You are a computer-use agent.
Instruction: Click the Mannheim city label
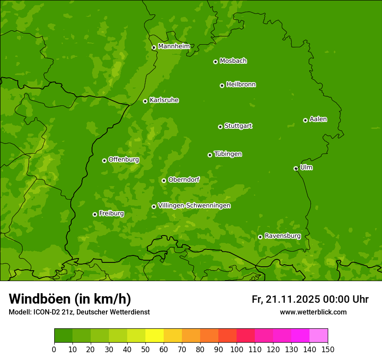tap(174, 46)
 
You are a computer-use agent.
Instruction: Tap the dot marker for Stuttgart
tap(220, 127)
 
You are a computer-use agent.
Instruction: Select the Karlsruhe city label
tap(164, 100)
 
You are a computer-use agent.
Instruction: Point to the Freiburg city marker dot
tap(95, 214)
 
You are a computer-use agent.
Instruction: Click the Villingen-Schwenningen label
tap(194, 206)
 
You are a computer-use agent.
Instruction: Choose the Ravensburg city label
tap(282, 236)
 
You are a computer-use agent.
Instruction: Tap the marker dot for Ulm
tap(296, 168)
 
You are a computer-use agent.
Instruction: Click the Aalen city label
tap(318, 119)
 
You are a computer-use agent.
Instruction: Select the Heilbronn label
tap(240, 85)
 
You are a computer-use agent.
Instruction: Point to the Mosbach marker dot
tap(215, 62)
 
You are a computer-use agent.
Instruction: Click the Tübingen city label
tap(227, 154)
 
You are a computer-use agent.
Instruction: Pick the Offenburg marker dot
tap(104, 160)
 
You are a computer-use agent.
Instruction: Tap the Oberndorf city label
tap(184, 180)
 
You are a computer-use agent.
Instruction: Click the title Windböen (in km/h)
tap(69, 299)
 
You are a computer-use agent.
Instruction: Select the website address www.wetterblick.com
tap(313, 312)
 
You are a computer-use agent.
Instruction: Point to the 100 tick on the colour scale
tap(237, 349)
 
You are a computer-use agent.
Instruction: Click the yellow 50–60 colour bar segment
tap(155, 336)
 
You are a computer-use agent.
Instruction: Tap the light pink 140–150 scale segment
tap(319, 336)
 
